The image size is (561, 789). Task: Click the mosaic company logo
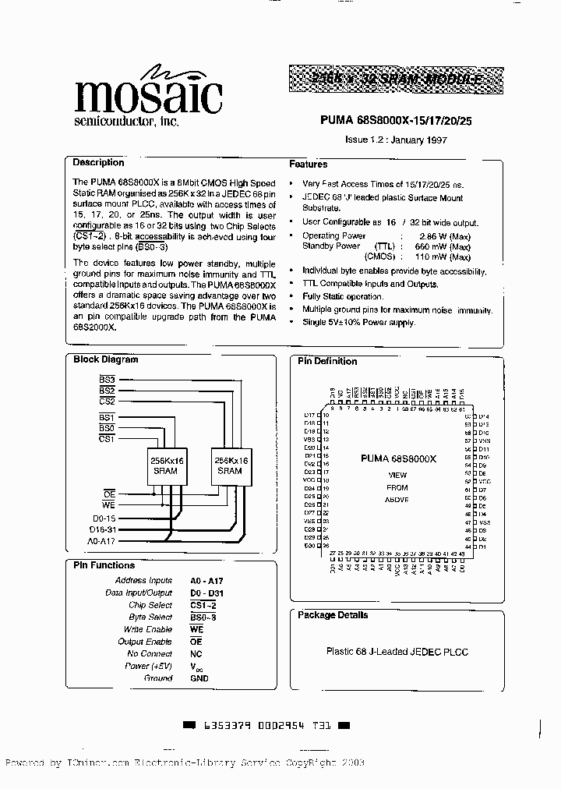click(x=148, y=97)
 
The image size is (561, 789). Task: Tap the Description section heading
click(x=98, y=163)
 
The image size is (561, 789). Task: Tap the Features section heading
click(x=309, y=165)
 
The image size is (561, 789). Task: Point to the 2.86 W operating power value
click(x=444, y=235)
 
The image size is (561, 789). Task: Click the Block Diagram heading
click(x=105, y=359)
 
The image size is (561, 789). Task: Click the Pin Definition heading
click(x=326, y=361)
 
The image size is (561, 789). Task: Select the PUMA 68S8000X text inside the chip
click(x=398, y=460)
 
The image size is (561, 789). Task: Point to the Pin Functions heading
click(x=104, y=565)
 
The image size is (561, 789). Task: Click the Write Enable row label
click(x=147, y=629)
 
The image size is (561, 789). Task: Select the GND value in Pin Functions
click(x=199, y=678)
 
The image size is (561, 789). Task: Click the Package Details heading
click(x=333, y=615)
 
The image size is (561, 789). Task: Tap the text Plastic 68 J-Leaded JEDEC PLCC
click(x=397, y=652)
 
